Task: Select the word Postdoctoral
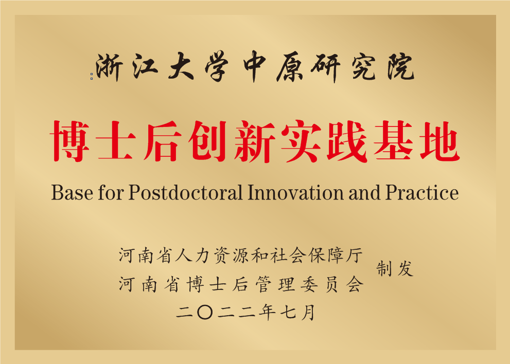point(185,192)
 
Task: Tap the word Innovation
point(296,192)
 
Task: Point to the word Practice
point(422,192)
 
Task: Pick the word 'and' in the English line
point(364,192)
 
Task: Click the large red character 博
point(69,141)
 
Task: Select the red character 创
point(207,141)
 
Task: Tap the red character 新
point(254,141)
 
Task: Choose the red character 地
point(439,141)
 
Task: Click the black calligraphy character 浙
point(109,67)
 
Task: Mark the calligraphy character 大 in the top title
point(181,67)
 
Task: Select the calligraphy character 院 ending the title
point(400,67)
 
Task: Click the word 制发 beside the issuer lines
point(395,269)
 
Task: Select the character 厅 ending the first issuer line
point(354,255)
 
